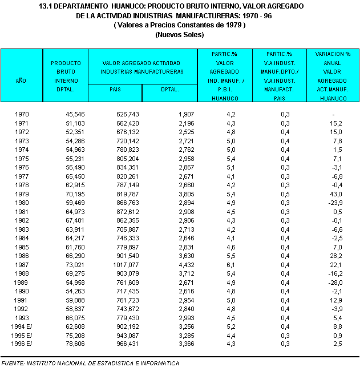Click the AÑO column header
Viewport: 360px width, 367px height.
(21, 81)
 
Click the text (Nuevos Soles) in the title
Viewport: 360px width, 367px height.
(180, 35)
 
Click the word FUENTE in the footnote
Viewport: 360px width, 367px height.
(14, 363)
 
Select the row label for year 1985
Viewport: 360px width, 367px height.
(22, 247)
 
